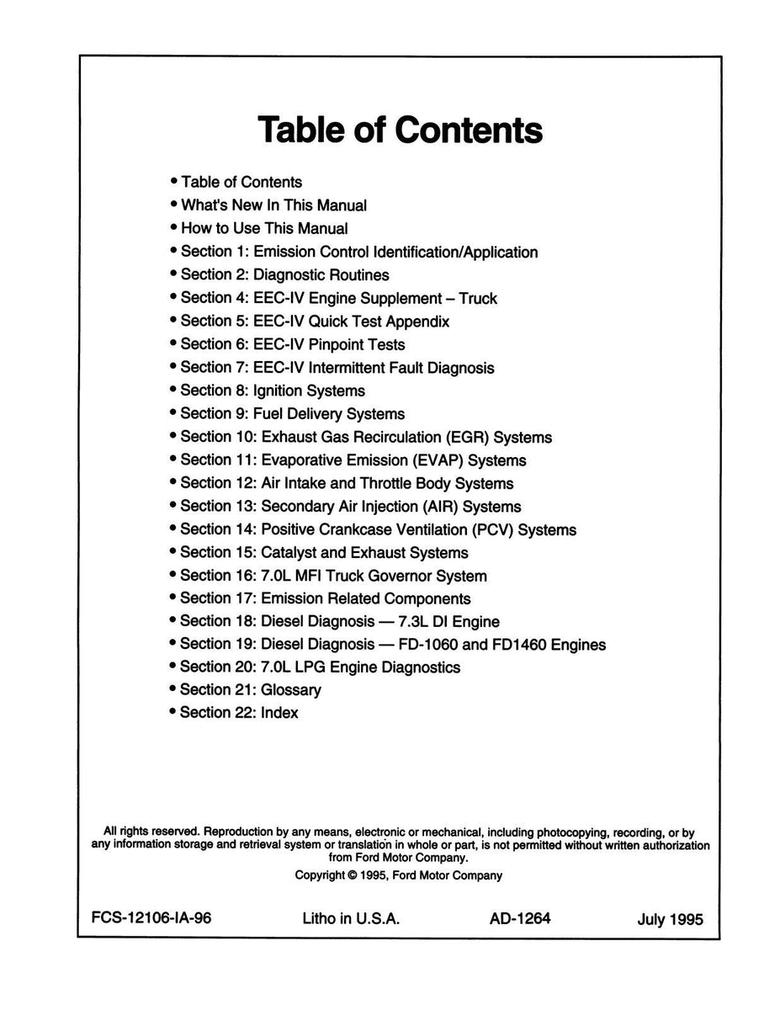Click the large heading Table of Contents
[x=400, y=130]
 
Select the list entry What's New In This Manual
[x=273, y=205]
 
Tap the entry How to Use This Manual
[x=263, y=228]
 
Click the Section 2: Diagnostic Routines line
[x=284, y=274]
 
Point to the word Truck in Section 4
[x=478, y=298]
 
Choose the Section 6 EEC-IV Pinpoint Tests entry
[x=292, y=344]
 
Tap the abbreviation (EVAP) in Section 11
[x=438, y=460]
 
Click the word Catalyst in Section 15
[x=290, y=553]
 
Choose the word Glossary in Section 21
[x=290, y=690]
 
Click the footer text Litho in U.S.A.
[x=350, y=919]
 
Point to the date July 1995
[x=670, y=920]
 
